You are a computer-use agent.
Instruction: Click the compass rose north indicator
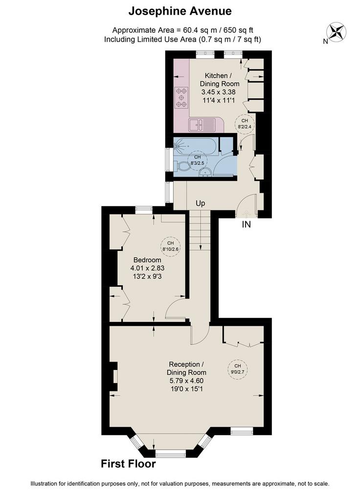(x=336, y=32)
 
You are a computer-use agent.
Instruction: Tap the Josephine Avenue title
(x=180, y=12)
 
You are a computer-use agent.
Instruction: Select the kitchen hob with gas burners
(x=181, y=97)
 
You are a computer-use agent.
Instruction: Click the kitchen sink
(x=202, y=125)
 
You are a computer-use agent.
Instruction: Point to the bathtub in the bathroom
(x=196, y=147)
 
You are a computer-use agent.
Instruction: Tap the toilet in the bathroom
(x=182, y=166)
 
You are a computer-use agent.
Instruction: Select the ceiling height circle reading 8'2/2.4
(x=245, y=123)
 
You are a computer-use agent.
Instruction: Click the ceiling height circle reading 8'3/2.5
(x=198, y=160)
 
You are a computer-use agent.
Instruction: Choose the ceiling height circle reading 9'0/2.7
(x=237, y=369)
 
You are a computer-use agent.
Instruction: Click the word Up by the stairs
(x=200, y=203)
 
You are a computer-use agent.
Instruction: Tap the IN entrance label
(x=246, y=224)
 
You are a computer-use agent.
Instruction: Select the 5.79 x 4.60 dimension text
(x=186, y=381)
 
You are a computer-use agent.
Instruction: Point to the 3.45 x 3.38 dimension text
(x=219, y=92)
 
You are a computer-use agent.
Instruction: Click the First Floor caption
(x=129, y=464)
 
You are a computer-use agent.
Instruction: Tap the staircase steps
(x=200, y=230)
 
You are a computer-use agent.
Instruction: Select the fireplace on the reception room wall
(x=113, y=376)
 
